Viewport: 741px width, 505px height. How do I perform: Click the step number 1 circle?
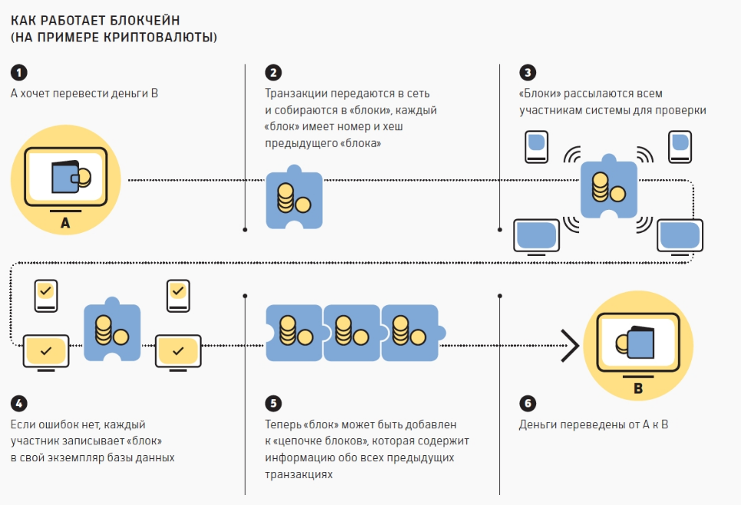pos(18,74)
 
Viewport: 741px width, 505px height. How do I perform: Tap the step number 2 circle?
pos(273,74)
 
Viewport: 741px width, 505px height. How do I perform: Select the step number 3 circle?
pos(527,74)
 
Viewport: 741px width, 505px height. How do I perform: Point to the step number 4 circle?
pos(18,404)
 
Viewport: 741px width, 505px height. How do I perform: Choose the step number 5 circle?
pos(273,404)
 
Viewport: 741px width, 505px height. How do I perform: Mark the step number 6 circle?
pos(527,404)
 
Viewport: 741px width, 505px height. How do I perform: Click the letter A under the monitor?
pos(64,224)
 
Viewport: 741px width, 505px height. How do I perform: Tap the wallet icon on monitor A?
pos(68,178)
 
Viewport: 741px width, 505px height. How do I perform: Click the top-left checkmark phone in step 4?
pos(45,294)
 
